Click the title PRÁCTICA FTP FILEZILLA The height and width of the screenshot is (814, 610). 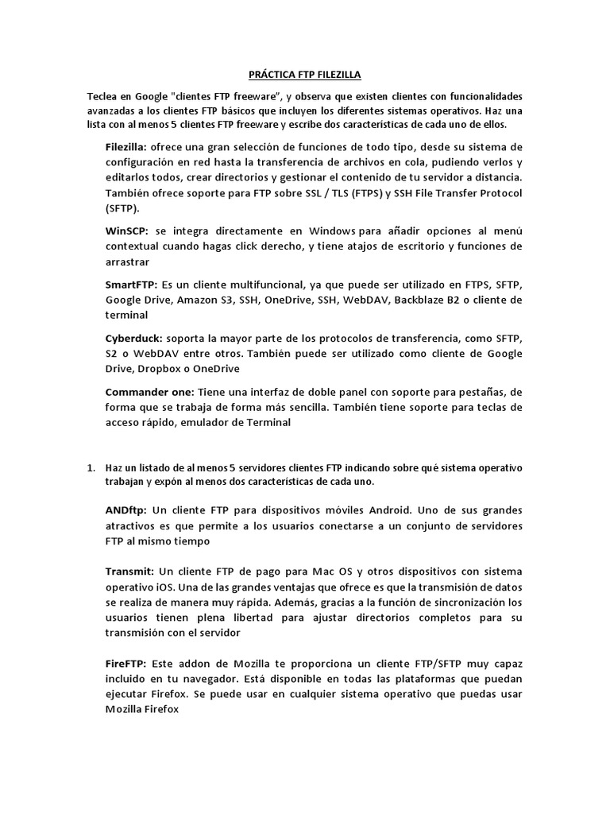pyautogui.click(x=305, y=75)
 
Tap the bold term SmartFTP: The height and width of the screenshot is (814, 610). pyautogui.click(x=132, y=285)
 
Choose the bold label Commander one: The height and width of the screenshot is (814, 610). pyautogui.click(x=149, y=393)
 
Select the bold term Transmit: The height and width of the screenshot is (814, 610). pyautogui.click(x=129, y=572)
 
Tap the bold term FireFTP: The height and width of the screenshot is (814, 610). pyautogui.click(x=126, y=663)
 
